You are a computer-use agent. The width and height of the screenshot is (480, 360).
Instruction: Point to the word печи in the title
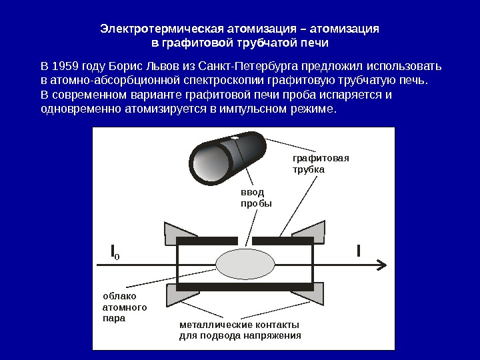tap(315, 43)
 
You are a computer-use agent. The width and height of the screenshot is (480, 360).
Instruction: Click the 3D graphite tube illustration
tap(225, 158)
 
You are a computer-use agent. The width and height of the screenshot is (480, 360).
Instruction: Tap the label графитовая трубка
tap(320, 164)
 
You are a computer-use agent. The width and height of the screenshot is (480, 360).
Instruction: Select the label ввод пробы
tap(256, 197)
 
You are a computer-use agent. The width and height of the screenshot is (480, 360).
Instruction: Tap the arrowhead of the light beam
tap(381, 265)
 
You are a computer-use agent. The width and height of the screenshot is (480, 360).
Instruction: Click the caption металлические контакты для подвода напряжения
tap(240, 330)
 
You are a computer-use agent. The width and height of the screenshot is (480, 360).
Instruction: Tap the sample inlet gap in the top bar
tap(245, 240)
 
